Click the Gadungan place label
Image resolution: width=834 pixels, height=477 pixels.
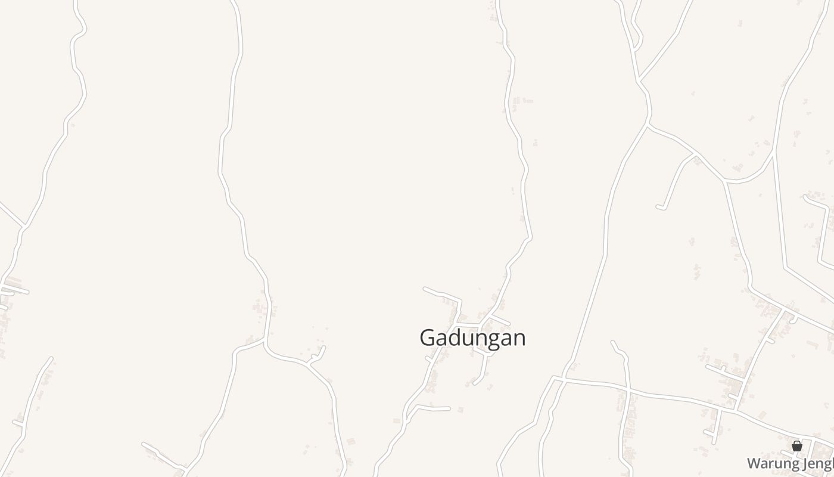472,337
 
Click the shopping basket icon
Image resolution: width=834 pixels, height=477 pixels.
797,445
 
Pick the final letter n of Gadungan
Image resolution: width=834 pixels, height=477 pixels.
519,337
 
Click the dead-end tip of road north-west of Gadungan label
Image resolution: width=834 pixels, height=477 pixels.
425,289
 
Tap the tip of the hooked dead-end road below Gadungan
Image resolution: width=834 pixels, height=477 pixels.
475,383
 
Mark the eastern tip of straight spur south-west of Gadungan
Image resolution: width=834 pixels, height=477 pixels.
449,408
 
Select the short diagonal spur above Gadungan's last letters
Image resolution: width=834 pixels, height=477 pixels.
500,321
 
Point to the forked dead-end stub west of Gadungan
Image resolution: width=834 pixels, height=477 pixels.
322,348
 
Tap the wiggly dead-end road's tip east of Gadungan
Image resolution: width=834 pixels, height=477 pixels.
613,342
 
